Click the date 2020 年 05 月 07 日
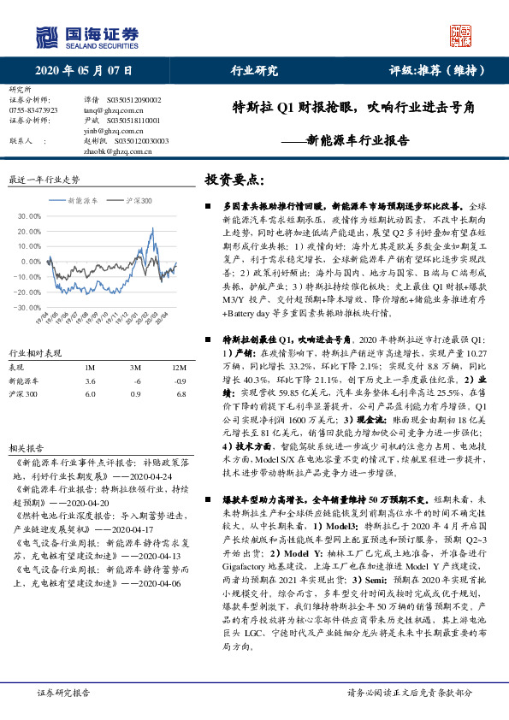tap(84, 70)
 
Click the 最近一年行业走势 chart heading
tap(43, 180)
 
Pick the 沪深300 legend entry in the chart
tap(138, 200)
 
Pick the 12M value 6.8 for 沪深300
tap(179, 369)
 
